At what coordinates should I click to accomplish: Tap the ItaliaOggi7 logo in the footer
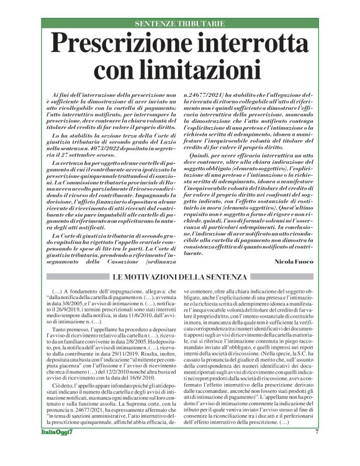tap(32, 450)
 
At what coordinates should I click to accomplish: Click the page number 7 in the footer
tap(335, 450)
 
